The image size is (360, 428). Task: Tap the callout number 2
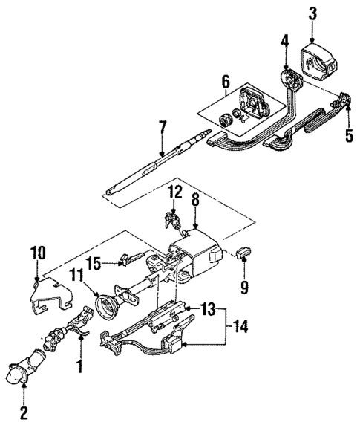[23, 412]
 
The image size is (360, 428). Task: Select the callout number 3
[312, 13]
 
